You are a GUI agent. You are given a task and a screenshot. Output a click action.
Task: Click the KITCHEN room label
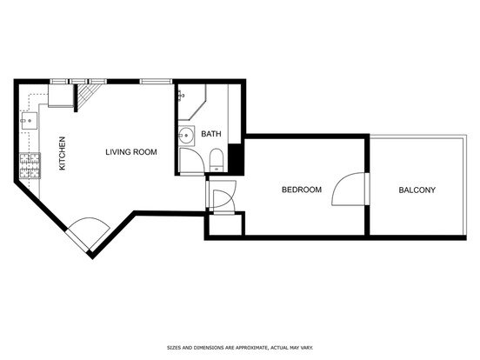click(62, 153)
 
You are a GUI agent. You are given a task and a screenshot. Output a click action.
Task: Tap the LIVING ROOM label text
click(131, 152)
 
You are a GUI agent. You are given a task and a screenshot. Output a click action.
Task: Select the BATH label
click(211, 134)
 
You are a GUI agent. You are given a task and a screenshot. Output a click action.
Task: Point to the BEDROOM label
click(302, 190)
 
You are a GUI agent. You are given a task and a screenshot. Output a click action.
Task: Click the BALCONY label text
click(417, 190)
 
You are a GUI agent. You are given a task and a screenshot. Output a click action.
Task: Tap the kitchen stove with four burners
click(30, 165)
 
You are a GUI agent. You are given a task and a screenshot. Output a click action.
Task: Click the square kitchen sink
click(30, 121)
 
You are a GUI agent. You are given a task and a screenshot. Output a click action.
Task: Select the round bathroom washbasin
click(185, 135)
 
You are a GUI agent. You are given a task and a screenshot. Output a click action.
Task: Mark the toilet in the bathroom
click(217, 160)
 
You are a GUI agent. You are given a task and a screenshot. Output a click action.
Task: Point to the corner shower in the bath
click(192, 103)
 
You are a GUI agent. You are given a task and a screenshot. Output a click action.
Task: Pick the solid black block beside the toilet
click(236, 158)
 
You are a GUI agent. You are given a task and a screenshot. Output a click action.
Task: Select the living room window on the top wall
click(157, 81)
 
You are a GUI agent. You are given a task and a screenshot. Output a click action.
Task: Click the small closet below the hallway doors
click(225, 224)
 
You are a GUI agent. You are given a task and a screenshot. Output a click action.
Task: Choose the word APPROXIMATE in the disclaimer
click(250, 348)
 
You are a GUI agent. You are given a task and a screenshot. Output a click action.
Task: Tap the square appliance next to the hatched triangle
click(61, 95)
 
